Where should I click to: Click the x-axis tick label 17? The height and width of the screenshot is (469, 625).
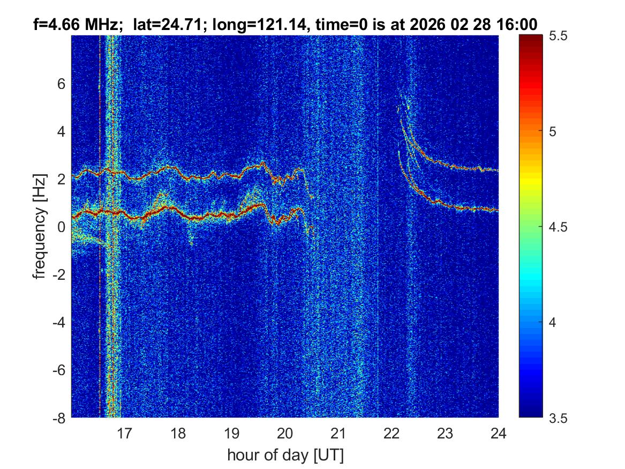(125, 433)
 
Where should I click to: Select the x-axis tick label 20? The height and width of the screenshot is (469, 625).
(285, 433)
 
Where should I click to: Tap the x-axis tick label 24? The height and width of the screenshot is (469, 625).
(498, 433)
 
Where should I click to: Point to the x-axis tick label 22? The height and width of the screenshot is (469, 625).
(391, 433)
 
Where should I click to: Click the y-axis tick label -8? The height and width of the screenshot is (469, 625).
(59, 418)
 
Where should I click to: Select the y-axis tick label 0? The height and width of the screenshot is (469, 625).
(62, 227)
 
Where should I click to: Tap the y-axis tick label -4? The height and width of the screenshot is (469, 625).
(59, 322)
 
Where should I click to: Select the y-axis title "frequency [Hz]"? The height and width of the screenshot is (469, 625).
(39, 227)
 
